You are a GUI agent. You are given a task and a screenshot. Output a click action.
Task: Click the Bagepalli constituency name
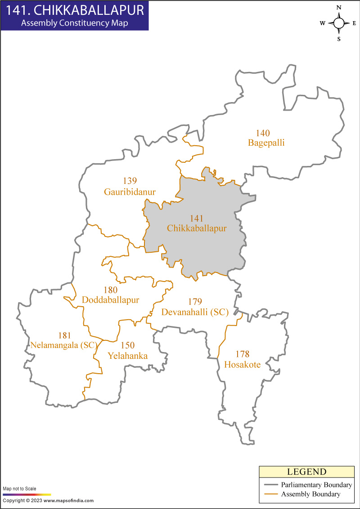pyautogui.click(x=266, y=143)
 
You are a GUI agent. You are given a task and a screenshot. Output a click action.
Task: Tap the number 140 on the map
pyautogui.click(x=263, y=133)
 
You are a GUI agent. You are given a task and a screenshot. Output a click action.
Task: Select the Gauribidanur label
pyautogui.click(x=130, y=192)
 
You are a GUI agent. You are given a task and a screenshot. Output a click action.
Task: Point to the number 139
pyautogui.click(x=130, y=181)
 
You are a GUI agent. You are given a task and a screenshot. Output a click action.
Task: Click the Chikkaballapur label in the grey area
pyautogui.click(x=197, y=228)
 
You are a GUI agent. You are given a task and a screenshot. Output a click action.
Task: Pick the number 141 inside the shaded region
pyautogui.click(x=197, y=218)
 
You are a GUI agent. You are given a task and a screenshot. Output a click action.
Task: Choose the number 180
pyautogui.click(x=111, y=290)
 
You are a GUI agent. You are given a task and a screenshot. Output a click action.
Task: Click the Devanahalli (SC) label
pyautogui.click(x=195, y=312)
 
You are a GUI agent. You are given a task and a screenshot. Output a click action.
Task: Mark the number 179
pyautogui.click(x=195, y=302)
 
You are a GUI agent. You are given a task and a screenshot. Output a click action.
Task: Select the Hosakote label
pyautogui.click(x=243, y=365)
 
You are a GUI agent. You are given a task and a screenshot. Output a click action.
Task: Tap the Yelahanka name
pyautogui.click(x=128, y=356)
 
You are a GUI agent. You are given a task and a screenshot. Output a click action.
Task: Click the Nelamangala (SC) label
pyautogui.click(x=64, y=345)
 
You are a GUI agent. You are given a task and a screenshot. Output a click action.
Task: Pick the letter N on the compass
pyautogui.click(x=339, y=8)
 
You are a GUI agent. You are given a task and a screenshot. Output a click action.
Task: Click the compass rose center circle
pyautogui.click(x=339, y=23)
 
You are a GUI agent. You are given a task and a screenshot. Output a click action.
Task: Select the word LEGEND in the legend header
pyautogui.click(x=306, y=472)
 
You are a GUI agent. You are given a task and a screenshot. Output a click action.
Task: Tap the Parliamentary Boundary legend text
pyautogui.click(x=316, y=485)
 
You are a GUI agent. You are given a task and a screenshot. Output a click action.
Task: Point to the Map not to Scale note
pyautogui.click(x=20, y=489)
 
